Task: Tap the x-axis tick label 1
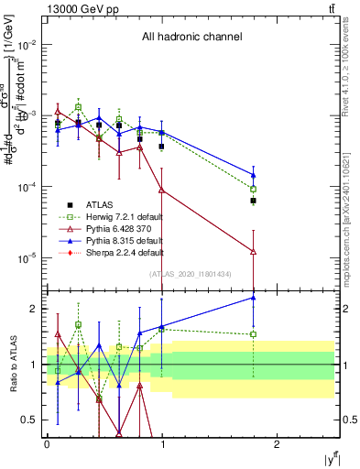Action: [162, 445]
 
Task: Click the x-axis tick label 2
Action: [278, 445]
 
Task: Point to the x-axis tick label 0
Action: [47, 445]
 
